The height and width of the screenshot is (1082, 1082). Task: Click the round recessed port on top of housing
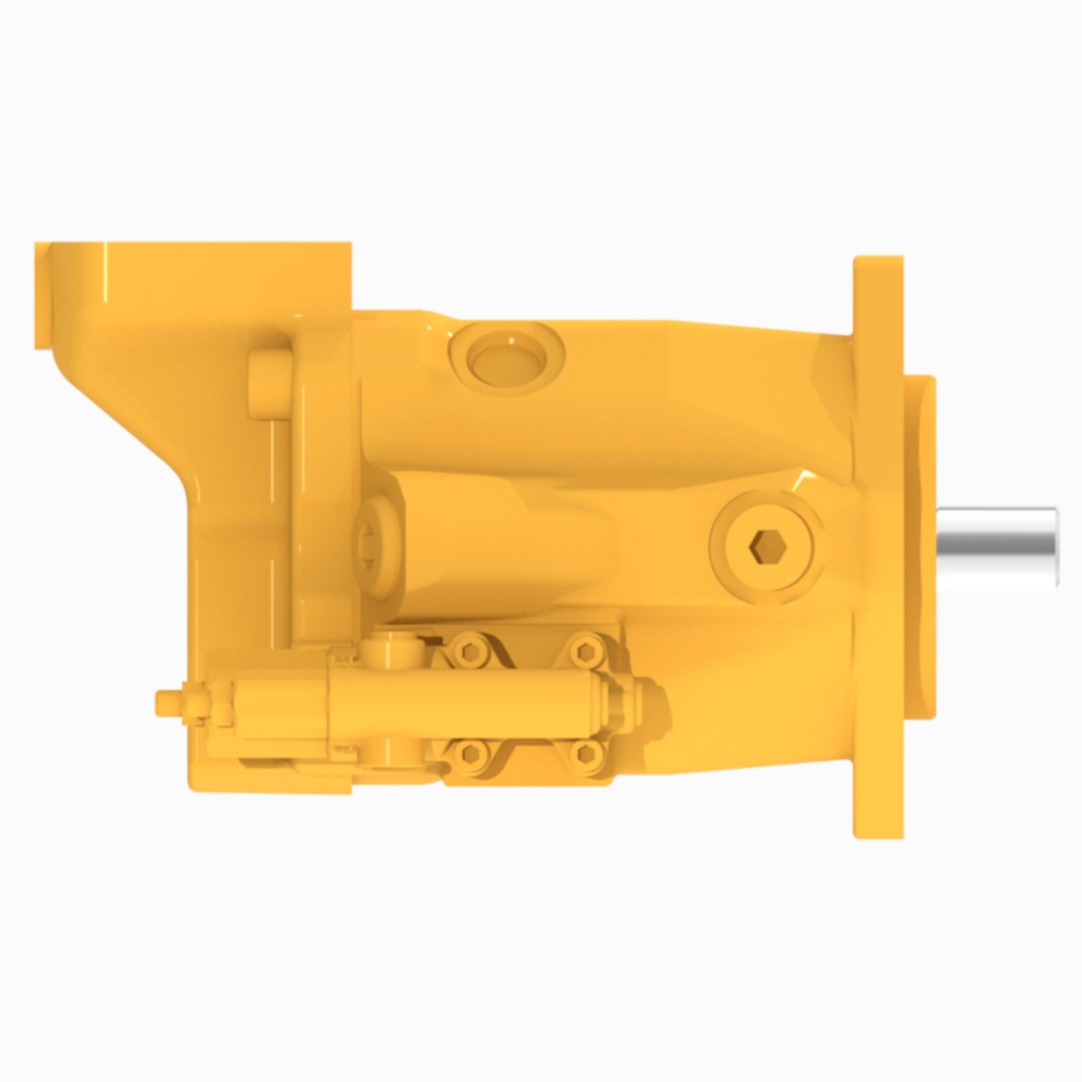pyautogui.click(x=506, y=356)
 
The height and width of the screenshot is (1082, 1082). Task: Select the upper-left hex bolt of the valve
pyautogui.click(x=468, y=651)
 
